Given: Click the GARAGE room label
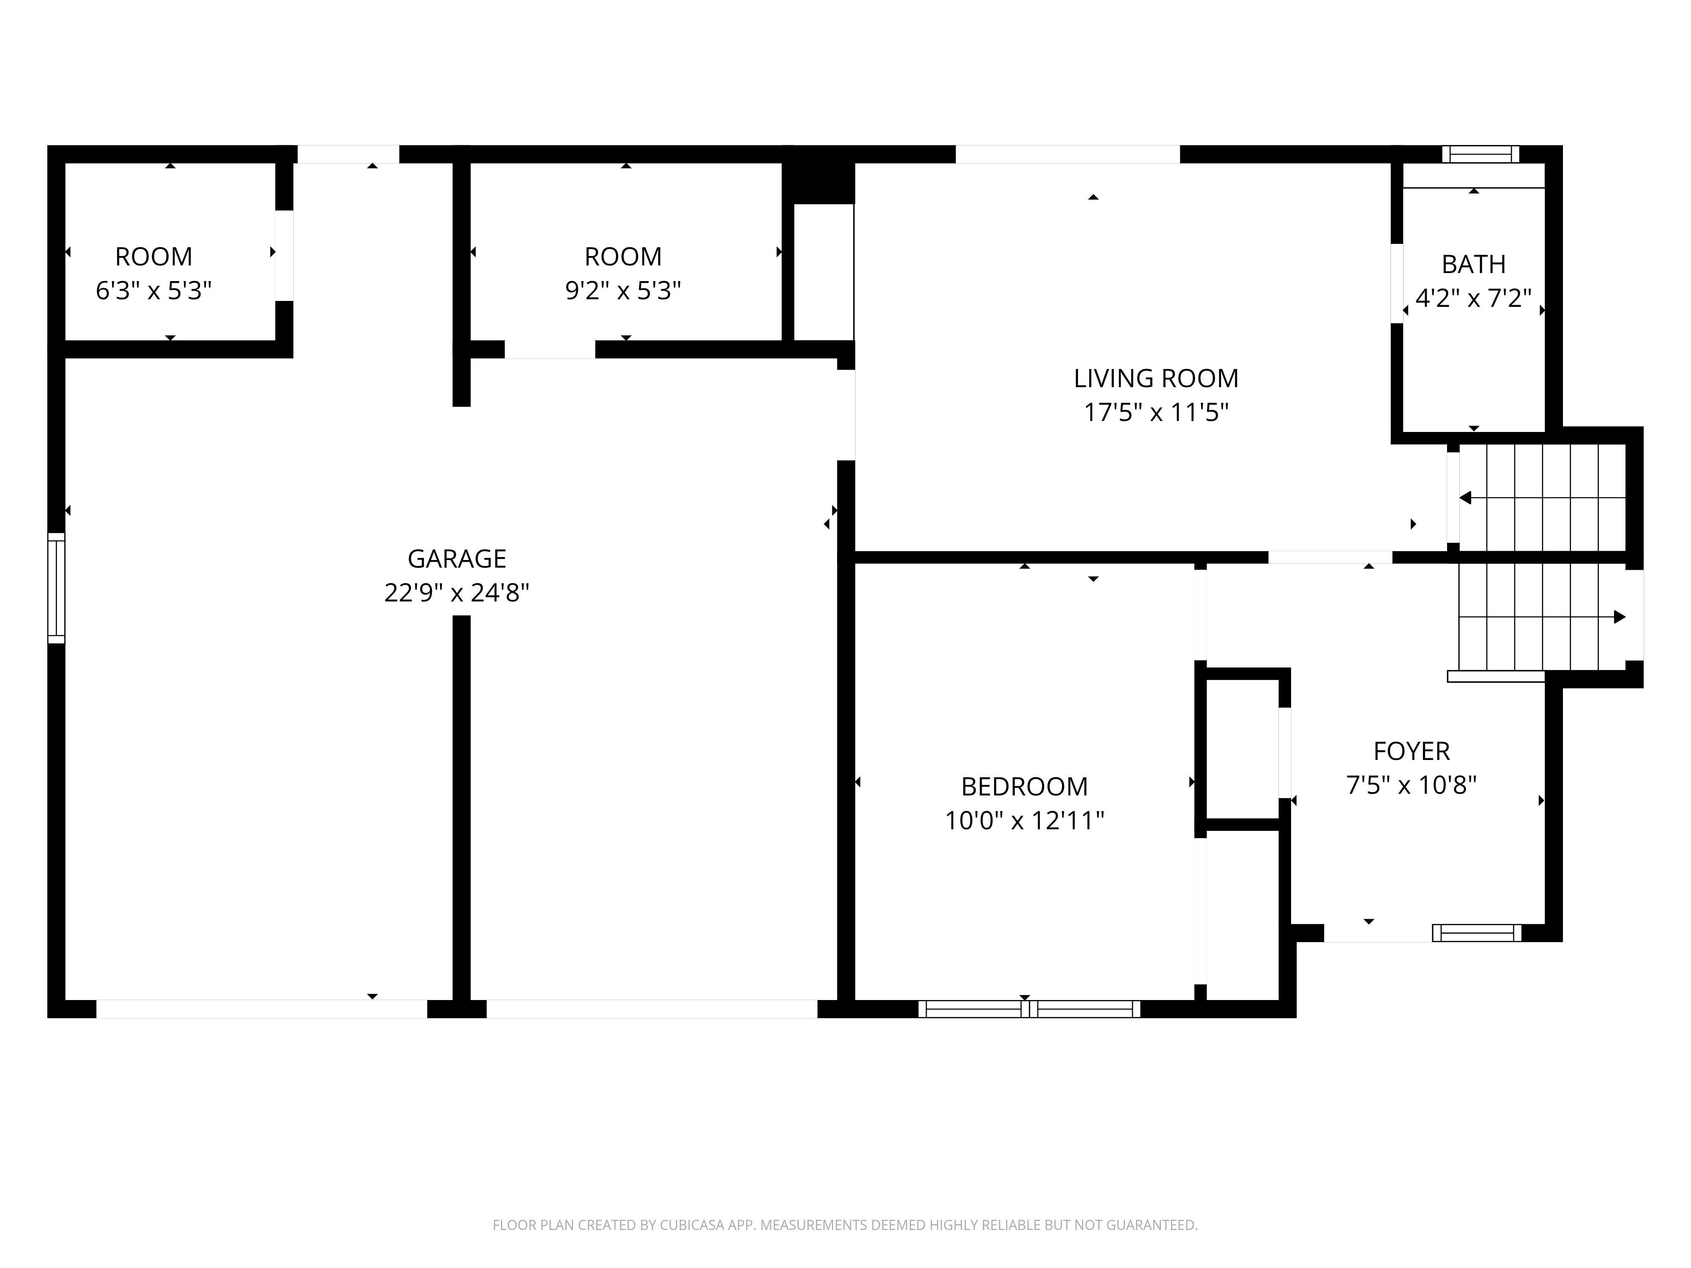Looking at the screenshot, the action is point(457,559).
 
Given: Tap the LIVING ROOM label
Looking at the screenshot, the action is point(1156,378).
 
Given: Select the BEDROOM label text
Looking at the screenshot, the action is point(1024,787).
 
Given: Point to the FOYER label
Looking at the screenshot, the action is point(1411,752).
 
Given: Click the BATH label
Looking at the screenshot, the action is point(1473,265).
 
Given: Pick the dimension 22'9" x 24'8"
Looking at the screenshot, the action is point(457,592).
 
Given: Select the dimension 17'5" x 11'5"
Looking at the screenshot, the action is point(1156,413).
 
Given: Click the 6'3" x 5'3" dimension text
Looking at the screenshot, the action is point(153,290).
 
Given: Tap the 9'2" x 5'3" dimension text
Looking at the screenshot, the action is point(623,290).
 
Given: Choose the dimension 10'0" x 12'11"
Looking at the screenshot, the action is point(1024,820).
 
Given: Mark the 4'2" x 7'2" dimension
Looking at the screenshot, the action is point(1473,298).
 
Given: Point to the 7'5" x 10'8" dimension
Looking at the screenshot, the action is point(1411,785).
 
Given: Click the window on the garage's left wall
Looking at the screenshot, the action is point(57,588).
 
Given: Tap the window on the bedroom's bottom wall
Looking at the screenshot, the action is point(1029,1009).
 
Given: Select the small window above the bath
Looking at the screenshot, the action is point(1481,154).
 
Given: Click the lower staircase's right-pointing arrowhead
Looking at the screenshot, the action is point(1619,617).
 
